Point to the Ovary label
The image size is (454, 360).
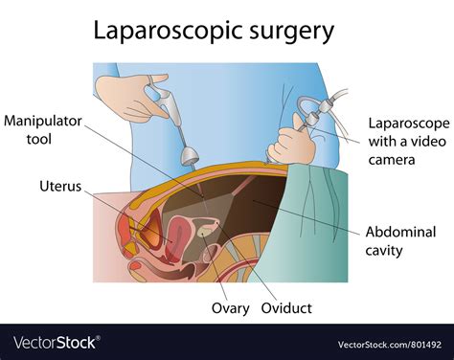[231, 308]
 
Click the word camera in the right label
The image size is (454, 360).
[395, 159]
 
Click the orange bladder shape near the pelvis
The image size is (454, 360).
[149, 228]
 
